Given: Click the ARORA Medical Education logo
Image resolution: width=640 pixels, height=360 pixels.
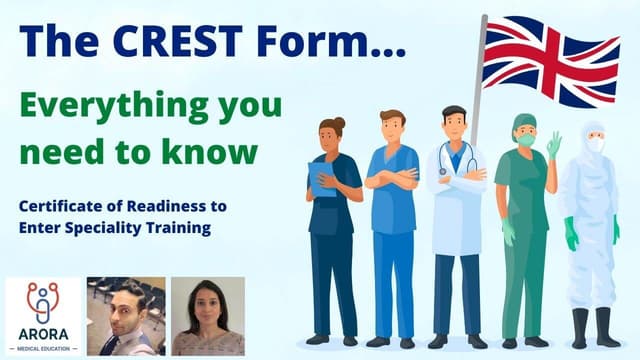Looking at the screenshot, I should pos(41,315).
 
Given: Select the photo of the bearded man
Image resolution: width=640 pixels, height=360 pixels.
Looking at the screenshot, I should pos(125,316).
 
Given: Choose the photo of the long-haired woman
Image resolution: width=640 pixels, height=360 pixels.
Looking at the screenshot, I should pos(207,316).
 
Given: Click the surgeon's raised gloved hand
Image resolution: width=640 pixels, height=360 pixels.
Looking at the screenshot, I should pos(553,144).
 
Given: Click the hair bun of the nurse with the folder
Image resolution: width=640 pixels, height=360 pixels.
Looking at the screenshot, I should pos(341,123).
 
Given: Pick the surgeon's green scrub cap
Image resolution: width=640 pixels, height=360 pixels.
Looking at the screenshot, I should pos(525,122).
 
